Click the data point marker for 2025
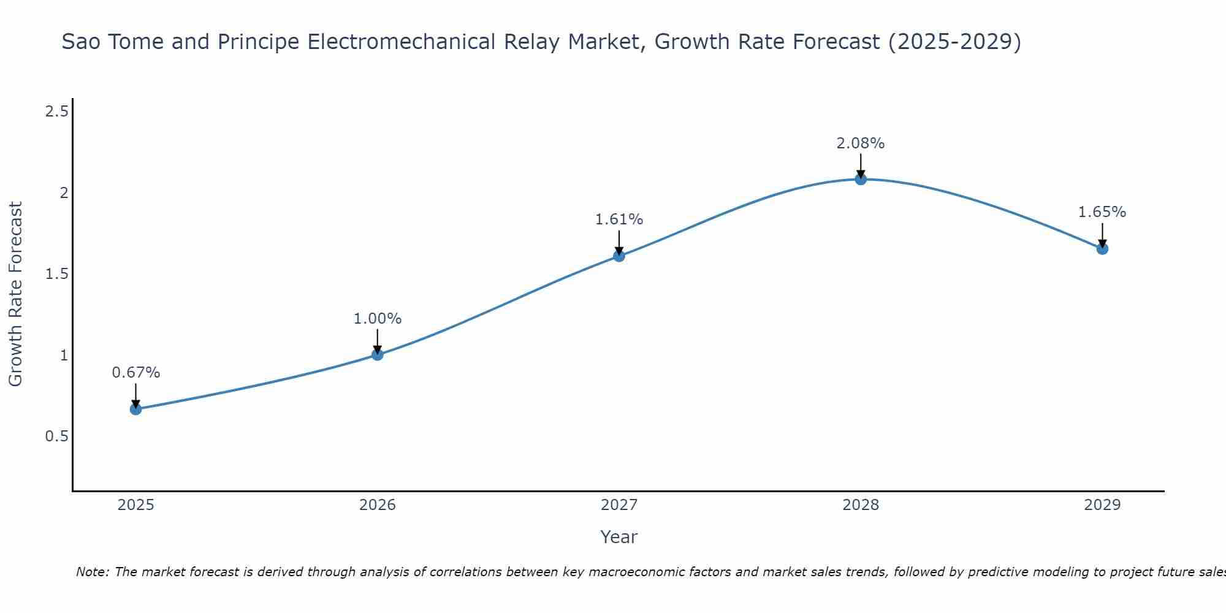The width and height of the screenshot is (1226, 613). (x=136, y=409)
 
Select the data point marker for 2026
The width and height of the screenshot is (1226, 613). (x=378, y=354)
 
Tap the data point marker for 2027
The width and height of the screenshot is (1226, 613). (x=619, y=256)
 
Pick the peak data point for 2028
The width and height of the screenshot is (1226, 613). (x=861, y=179)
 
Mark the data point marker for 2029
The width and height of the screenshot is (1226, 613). (x=1102, y=249)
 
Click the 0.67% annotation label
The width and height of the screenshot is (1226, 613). (x=136, y=373)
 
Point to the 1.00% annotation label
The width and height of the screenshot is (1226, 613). (x=378, y=319)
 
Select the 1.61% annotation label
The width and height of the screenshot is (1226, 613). (x=619, y=219)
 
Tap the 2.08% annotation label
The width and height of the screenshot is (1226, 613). (x=861, y=143)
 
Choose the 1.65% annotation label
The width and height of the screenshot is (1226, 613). (x=1102, y=212)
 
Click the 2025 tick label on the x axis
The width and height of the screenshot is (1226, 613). (x=136, y=505)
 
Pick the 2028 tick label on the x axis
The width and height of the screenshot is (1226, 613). (x=861, y=505)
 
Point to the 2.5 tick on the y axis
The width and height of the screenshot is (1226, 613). (x=56, y=112)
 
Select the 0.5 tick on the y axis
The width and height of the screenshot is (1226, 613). (x=56, y=436)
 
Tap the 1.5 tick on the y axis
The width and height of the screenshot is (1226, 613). (x=56, y=274)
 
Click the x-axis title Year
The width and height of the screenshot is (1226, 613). (x=619, y=537)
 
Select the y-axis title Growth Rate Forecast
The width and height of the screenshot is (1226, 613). (x=16, y=294)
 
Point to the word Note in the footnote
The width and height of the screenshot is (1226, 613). (x=92, y=572)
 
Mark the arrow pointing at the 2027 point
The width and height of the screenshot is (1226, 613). (x=619, y=242)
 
